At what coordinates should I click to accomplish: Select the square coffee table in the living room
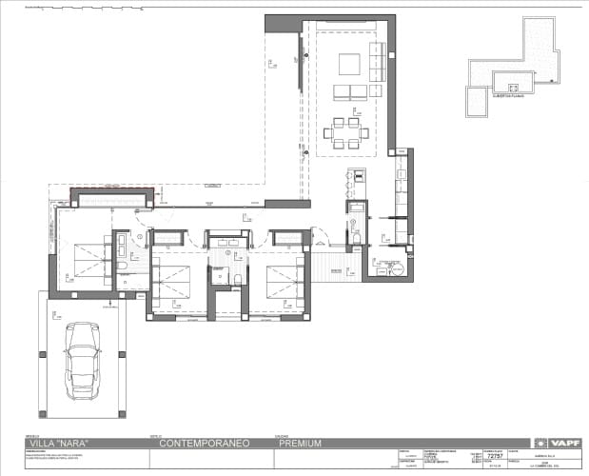pyautogui.click(x=349, y=64)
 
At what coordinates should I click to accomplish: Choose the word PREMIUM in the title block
pyautogui.click(x=300, y=443)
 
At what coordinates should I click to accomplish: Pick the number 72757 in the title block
pyautogui.click(x=493, y=456)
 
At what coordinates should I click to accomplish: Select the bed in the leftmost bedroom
pyautogui.click(x=90, y=262)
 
